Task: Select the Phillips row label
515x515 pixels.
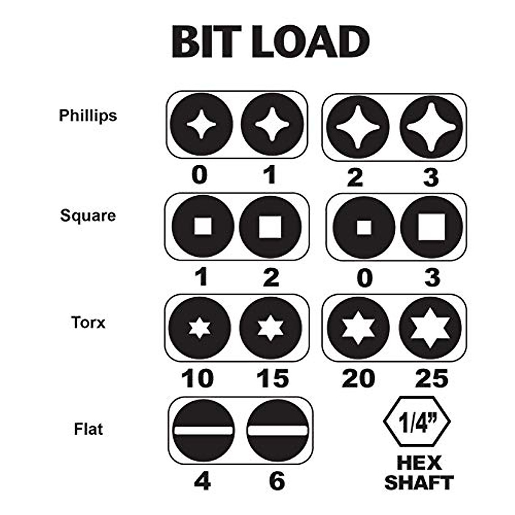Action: (88, 115)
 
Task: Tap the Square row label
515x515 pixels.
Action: (88, 215)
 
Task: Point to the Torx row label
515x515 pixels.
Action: (88, 322)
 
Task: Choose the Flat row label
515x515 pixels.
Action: (88, 429)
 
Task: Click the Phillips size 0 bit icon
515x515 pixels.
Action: (201, 124)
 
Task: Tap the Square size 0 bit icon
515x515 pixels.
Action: (364, 227)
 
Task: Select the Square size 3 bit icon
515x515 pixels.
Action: (431, 227)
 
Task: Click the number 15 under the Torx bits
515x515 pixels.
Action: (272, 379)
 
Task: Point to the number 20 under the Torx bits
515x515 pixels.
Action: (358, 379)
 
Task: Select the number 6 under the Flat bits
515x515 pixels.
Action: (277, 481)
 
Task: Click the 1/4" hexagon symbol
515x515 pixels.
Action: (417, 423)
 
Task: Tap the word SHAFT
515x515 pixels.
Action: (418, 482)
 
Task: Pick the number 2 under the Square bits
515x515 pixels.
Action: (270, 278)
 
